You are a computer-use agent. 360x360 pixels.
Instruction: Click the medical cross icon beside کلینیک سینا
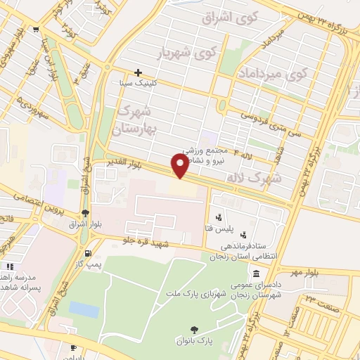tap(139, 72)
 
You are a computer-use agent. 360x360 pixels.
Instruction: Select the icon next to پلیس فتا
tap(219, 217)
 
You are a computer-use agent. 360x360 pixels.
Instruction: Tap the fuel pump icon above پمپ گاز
tap(86, 253)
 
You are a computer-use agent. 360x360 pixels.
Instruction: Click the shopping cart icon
tap(35, 29)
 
